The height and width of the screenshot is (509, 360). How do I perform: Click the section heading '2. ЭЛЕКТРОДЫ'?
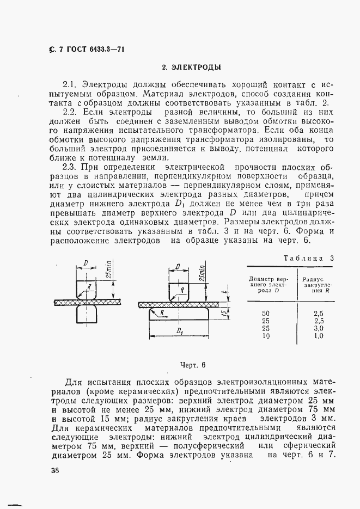coord(191,69)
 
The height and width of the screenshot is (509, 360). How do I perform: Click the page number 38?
coord(50,472)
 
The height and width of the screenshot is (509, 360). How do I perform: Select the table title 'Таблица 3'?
coord(308,259)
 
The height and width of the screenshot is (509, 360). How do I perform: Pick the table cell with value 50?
coord(266,313)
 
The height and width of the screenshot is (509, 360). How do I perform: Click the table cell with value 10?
coord(266,336)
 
